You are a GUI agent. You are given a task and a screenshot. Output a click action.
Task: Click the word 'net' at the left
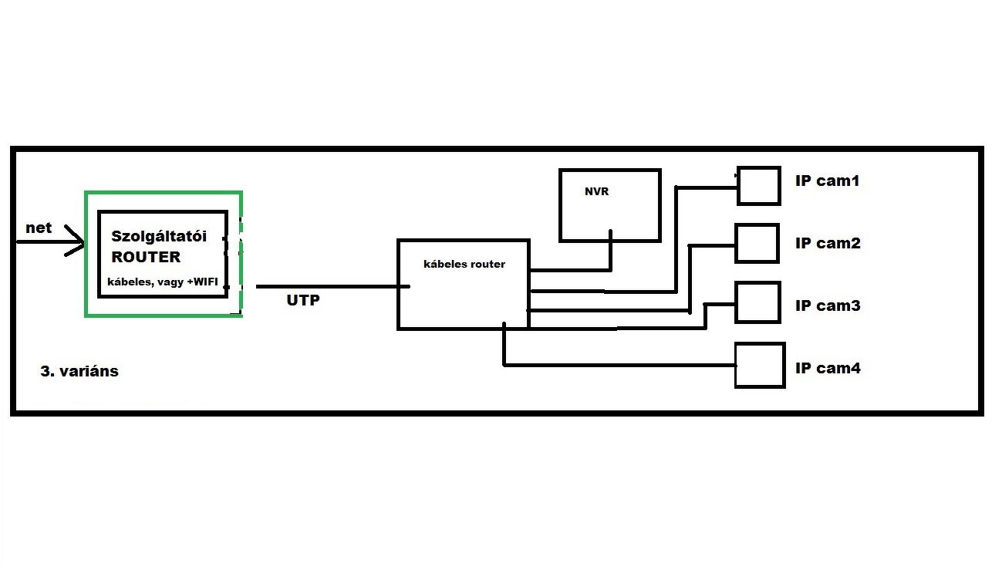[39, 228]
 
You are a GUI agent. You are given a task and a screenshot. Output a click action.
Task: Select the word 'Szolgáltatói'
[159, 236]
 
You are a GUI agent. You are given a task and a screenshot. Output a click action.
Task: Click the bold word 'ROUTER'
[146, 257]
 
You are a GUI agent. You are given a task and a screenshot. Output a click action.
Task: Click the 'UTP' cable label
[303, 301]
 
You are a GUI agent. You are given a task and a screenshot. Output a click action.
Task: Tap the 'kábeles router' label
[464, 264]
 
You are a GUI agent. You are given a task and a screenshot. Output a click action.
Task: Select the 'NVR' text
[596, 191]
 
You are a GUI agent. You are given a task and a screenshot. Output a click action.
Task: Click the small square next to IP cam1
[758, 186]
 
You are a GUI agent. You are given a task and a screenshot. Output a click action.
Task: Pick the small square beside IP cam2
[757, 243]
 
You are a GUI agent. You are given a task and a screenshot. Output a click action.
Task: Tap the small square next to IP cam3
[757, 302]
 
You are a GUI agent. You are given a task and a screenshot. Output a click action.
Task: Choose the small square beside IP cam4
[759, 365]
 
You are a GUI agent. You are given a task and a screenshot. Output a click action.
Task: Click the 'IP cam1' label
[827, 181]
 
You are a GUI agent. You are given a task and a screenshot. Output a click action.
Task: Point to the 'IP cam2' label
[828, 244]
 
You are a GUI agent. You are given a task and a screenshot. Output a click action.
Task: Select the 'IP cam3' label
[828, 306]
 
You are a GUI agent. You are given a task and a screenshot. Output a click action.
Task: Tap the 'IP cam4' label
[828, 369]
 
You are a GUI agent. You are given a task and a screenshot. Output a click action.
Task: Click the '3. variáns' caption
[79, 371]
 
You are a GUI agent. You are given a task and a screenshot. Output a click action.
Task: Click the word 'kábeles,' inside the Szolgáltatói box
[129, 283]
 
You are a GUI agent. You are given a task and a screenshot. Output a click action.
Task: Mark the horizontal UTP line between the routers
[332, 286]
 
